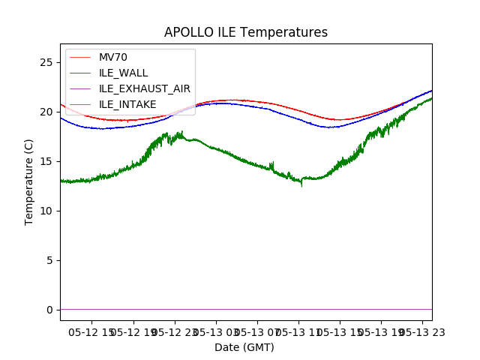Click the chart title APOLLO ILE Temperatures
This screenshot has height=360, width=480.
point(246,32)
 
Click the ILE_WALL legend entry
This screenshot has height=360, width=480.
point(123,73)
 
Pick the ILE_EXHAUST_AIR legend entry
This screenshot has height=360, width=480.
point(144,88)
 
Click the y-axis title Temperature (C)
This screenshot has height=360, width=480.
point(29,181)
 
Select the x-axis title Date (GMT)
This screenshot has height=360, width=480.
point(244,347)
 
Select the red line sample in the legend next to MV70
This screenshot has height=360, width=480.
point(80,57)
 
